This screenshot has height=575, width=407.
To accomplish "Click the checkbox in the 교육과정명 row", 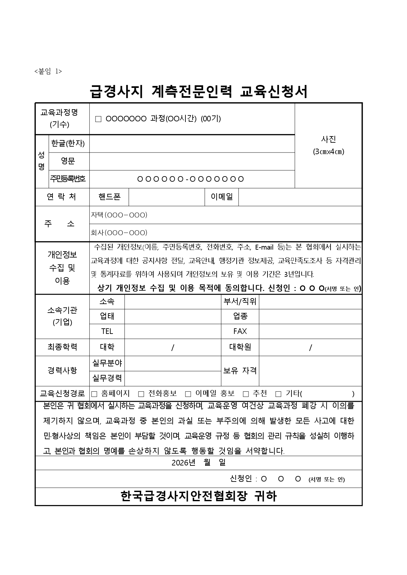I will pyautogui.click(x=98, y=119).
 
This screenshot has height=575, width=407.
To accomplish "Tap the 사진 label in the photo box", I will pyautogui.click(x=328, y=139).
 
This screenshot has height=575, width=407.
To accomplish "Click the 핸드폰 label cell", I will pyautogui.click(x=109, y=197).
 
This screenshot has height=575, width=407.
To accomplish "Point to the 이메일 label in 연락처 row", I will pyautogui.click(x=222, y=197).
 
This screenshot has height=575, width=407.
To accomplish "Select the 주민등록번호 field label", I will pyautogui.click(x=68, y=179).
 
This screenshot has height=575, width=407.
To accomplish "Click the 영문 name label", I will pyautogui.click(x=68, y=161).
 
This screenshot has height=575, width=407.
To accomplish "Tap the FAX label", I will pyautogui.click(x=240, y=331).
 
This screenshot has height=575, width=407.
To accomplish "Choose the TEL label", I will pyautogui.click(x=107, y=331).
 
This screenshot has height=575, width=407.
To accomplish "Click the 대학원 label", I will pyautogui.click(x=240, y=347).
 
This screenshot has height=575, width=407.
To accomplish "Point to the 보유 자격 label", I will pyautogui.click(x=240, y=371).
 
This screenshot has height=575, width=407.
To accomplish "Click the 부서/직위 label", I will pyautogui.click(x=240, y=301).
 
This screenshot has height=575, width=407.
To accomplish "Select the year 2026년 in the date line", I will pyautogui.click(x=183, y=463).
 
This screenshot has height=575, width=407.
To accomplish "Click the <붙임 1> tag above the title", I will pyautogui.click(x=48, y=72).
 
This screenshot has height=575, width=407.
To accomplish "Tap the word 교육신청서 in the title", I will pyautogui.click(x=274, y=92).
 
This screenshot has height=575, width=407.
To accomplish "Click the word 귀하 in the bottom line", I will pyautogui.click(x=266, y=497).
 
